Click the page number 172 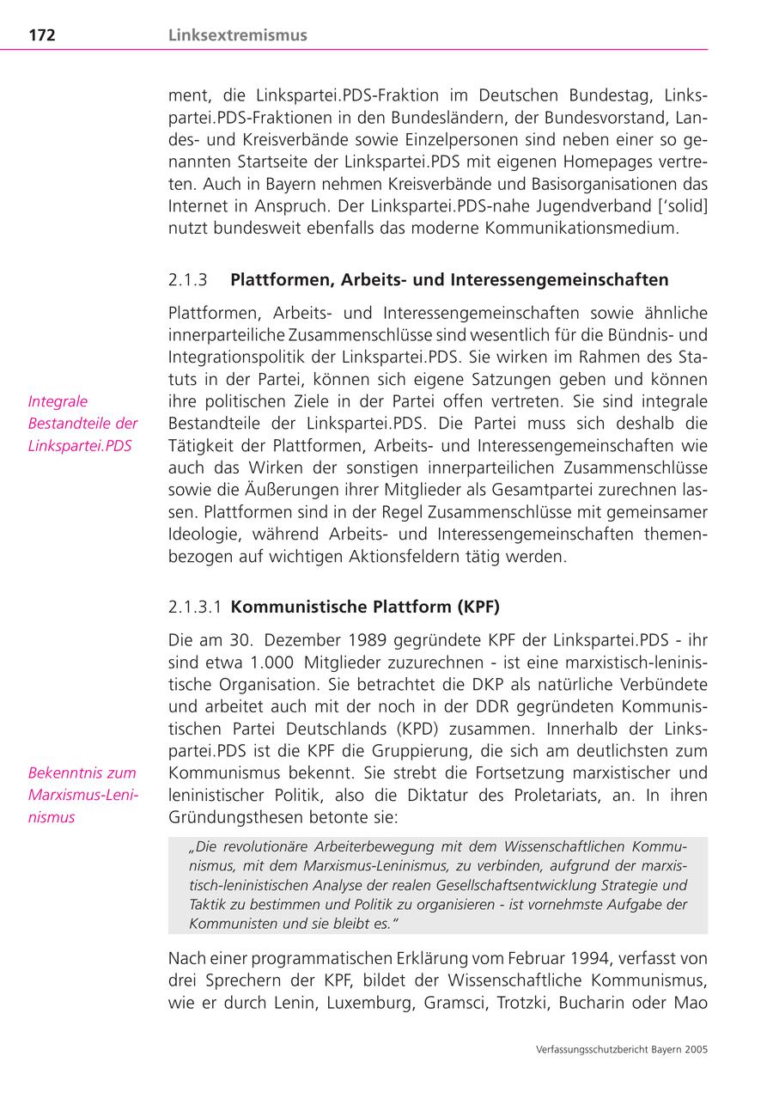point(42,35)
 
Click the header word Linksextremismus point(238,35)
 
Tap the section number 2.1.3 point(189,280)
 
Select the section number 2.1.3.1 point(195,607)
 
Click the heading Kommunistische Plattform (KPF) point(365,607)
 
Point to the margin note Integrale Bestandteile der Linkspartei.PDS point(82,424)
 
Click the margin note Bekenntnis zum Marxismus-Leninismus point(82,795)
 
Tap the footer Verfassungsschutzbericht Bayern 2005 point(621,1049)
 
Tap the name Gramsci point(454,1002)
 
